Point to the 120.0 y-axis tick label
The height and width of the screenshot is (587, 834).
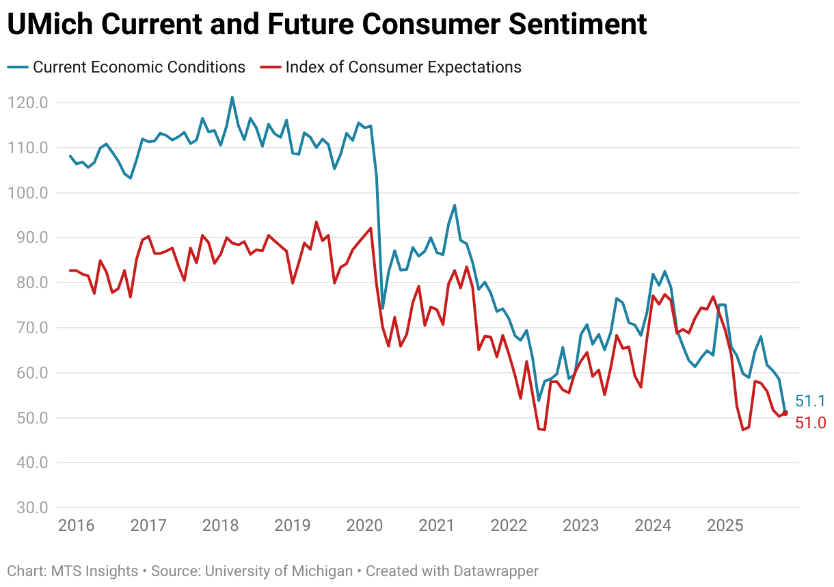[x=28, y=103]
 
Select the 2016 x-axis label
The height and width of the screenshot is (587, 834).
[x=76, y=525]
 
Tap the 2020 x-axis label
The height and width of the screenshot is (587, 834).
[x=364, y=525]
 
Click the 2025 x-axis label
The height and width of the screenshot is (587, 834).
[x=725, y=525]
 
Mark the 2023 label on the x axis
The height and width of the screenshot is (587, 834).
[x=580, y=525]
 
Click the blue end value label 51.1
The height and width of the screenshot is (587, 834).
[x=810, y=402]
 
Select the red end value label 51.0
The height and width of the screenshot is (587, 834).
[x=810, y=423]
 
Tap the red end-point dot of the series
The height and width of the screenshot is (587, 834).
[x=785, y=413]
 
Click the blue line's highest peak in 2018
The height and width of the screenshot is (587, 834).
[x=232, y=97]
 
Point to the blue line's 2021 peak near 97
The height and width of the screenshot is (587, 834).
[x=455, y=205]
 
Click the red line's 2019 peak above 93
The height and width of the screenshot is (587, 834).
[x=316, y=222]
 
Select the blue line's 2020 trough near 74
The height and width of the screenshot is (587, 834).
[x=382, y=309]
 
